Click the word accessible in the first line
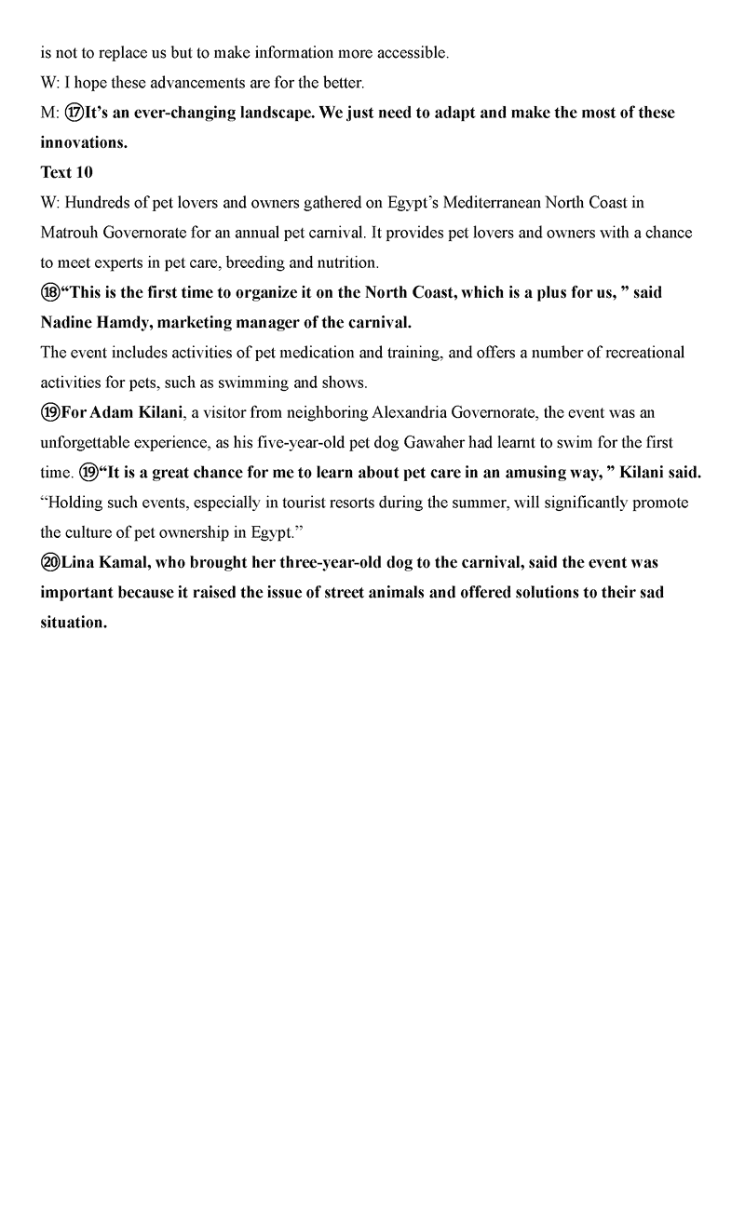413,53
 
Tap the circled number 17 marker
74,113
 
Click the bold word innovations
83,142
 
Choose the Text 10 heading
67,172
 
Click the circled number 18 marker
50,292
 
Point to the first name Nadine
68,322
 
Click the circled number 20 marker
50,562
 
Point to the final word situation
73,623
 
